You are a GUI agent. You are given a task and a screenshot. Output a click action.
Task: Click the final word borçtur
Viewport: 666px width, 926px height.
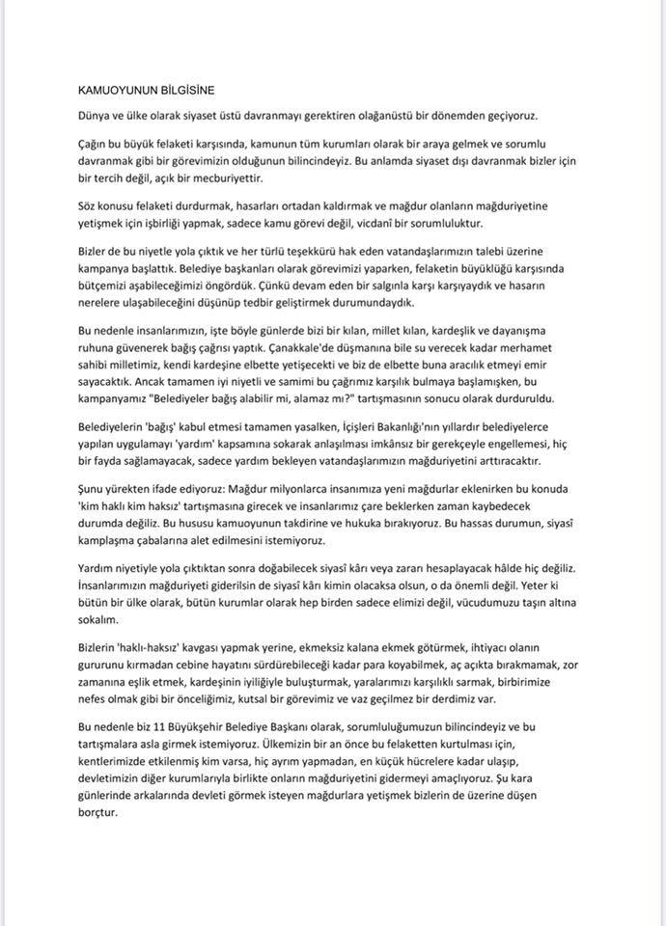97,813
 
